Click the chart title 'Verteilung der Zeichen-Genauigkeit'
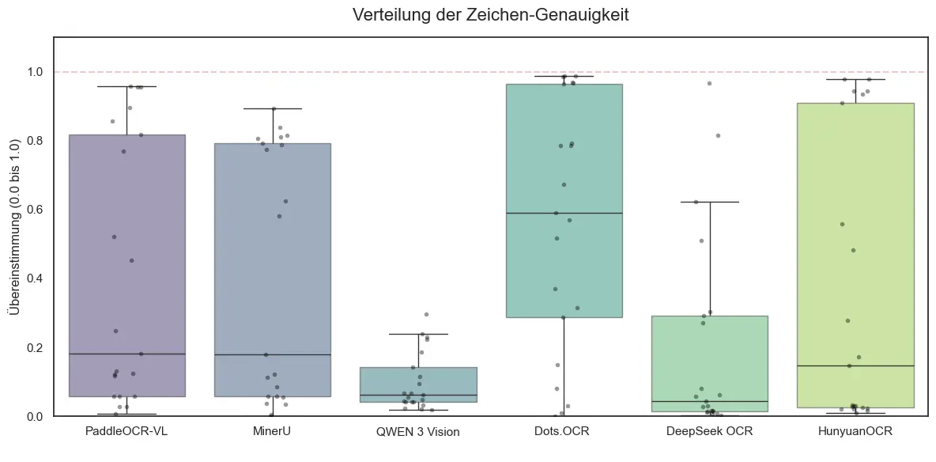click(490, 15)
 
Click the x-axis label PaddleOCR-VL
click(126, 432)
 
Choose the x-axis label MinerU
click(272, 432)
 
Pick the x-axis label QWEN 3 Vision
click(418, 432)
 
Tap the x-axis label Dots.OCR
click(564, 432)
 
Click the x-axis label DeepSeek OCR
click(709, 432)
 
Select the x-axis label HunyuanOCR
click(855, 432)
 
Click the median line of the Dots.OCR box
click(564, 213)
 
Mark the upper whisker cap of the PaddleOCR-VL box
click(126, 86)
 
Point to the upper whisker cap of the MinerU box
click(272, 108)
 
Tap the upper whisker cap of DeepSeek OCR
click(709, 202)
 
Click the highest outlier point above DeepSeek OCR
click(709, 83)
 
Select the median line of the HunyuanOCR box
click(855, 365)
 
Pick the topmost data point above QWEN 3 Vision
click(426, 314)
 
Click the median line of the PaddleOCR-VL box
click(126, 354)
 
